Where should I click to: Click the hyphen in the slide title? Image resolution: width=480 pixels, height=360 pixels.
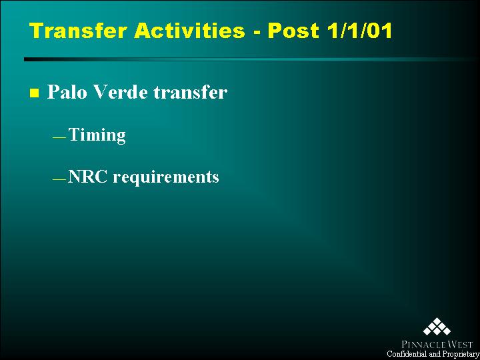[256, 33]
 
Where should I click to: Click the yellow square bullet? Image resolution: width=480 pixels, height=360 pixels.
[35, 93]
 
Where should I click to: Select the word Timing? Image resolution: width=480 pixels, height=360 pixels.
[97, 135]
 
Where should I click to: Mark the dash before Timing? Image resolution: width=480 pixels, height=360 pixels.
[59, 138]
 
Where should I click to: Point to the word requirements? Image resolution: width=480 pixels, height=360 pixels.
[166, 178]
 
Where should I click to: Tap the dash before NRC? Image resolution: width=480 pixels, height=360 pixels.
[59, 179]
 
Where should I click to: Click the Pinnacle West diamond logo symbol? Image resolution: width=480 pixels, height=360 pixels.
[437, 326]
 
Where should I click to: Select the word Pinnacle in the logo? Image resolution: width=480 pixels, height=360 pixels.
[421, 345]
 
